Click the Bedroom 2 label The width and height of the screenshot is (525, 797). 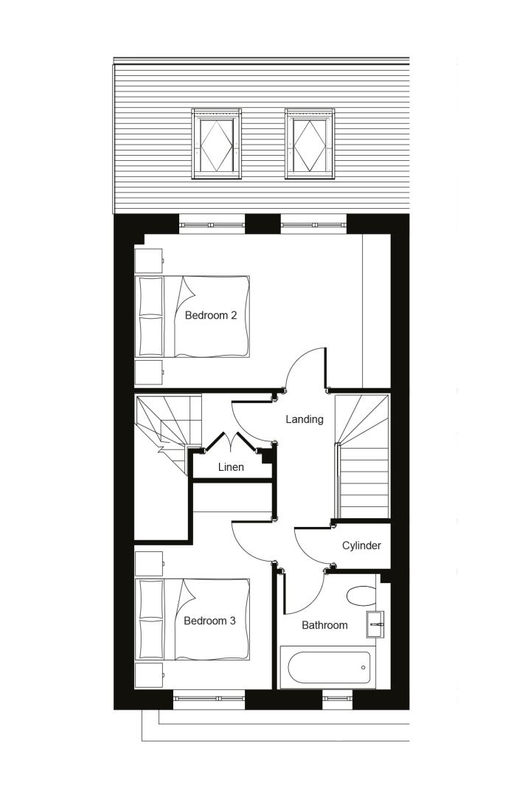(x=211, y=315)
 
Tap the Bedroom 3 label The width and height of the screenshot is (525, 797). (x=209, y=621)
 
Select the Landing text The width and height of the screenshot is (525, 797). (x=304, y=419)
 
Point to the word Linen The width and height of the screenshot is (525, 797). (x=231, y=467)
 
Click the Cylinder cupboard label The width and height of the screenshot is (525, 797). (x=361, y=546)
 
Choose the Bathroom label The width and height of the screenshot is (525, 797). (x=324, y=625)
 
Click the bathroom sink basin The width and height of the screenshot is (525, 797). (x=375, y=624)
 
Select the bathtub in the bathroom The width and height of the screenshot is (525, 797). (x=329, y=667)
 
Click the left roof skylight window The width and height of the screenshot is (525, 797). (x=216, y=143)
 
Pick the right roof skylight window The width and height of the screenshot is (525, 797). (x=310, y=143)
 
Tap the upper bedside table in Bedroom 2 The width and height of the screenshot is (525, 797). (x=149, y=261)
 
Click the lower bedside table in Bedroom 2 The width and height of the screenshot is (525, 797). (x=149, y=373)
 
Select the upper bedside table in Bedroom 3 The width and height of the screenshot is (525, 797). (x=149, y=564)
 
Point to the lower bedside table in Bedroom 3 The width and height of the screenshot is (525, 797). (x=149, y=675)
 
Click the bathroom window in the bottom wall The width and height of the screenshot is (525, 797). (x=337, y=699)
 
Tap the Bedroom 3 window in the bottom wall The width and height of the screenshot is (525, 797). (x=209, y=699)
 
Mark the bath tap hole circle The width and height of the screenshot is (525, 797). (x=364, y=667)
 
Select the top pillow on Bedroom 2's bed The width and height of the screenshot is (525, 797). (x=151, y=297)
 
